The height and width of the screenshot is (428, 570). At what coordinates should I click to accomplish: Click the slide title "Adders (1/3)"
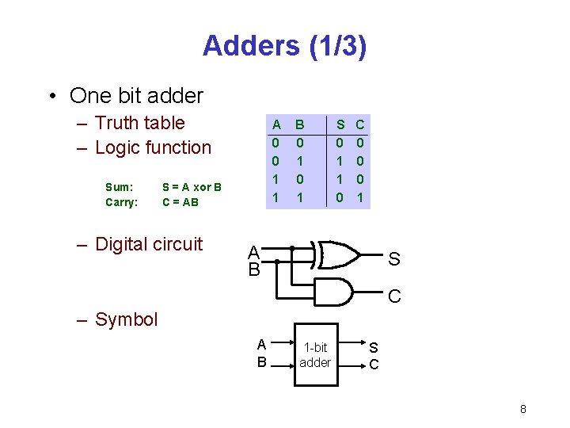pos(284,46)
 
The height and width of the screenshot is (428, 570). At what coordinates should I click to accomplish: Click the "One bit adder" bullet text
pos(136,96)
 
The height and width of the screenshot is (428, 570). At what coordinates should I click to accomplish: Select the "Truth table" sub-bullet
pos(139,123)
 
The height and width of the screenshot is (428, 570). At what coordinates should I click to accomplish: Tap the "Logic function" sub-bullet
pos(153,147)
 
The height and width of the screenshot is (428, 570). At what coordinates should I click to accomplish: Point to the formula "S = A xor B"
pos(192,187)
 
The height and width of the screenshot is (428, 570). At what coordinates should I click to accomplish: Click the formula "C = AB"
pos(180,202)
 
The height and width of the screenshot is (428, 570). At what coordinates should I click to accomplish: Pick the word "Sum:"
pos(120,187)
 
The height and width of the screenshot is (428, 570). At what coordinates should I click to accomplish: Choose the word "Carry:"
pos(122,202)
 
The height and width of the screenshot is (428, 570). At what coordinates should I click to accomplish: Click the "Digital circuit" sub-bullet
pos(149,244)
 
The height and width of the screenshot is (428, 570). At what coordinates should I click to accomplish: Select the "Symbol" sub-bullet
pos(126,319)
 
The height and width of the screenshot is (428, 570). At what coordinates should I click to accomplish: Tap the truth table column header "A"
pos(276,124)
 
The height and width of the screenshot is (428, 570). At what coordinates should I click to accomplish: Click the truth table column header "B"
pos(300,124)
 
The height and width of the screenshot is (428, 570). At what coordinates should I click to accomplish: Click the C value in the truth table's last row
pos(359,196)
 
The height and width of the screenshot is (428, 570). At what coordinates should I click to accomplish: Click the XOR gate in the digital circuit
pos(339,254)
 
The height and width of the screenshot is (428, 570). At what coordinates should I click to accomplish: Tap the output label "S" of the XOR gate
pos(394,259)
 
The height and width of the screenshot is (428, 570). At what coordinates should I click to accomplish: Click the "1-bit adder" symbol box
pos(316,355)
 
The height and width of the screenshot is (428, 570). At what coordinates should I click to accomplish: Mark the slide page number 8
pos(523,409)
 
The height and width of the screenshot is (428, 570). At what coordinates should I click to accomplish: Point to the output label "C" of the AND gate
pos(394,296)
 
